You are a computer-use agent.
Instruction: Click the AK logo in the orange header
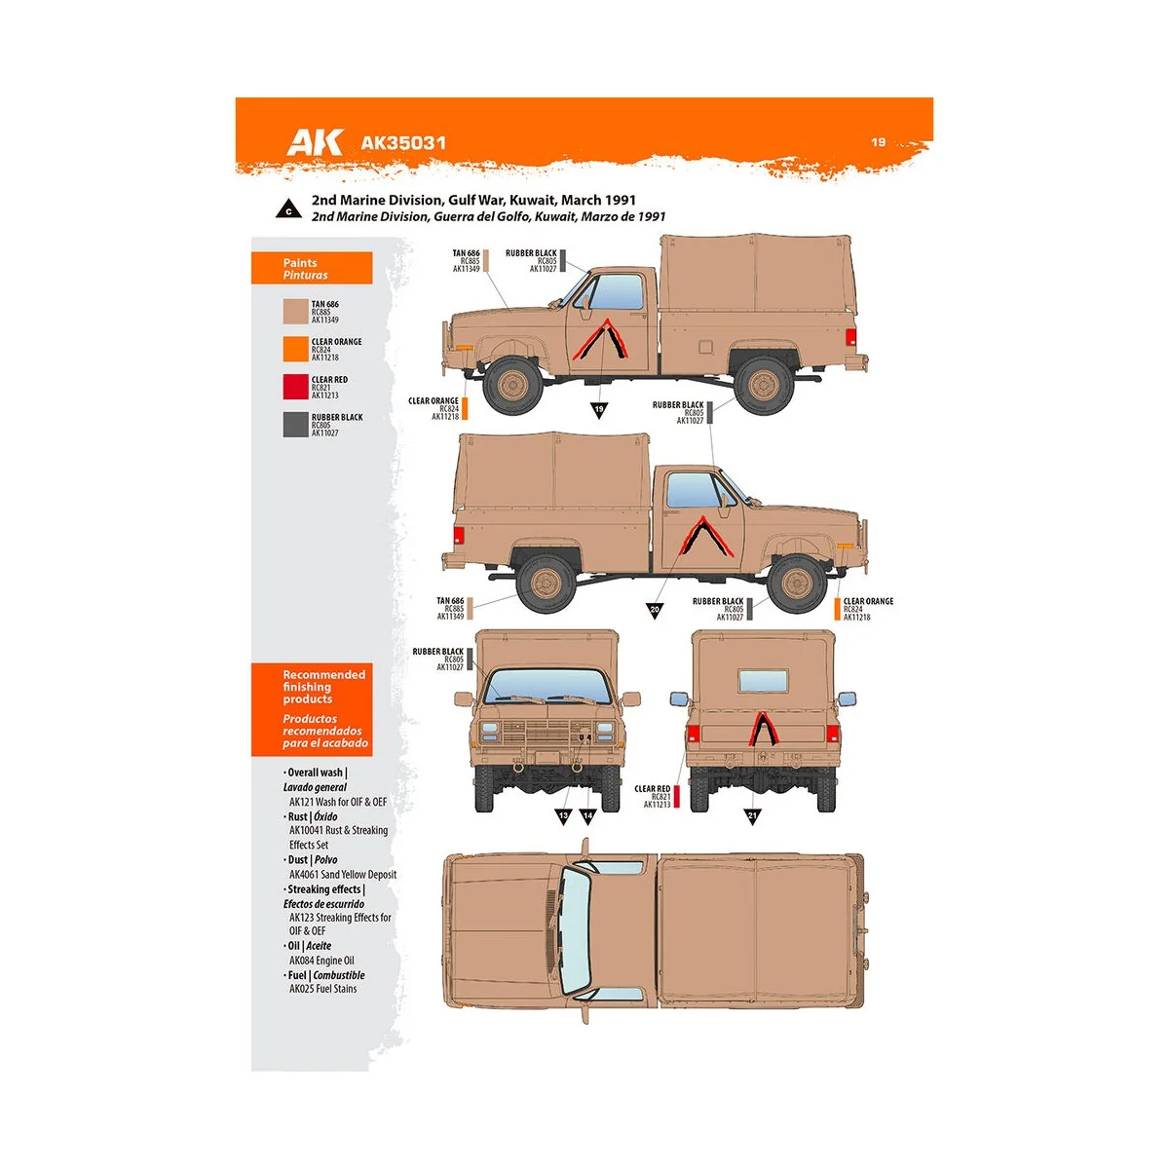pos(314,142)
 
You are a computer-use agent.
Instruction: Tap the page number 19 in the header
pos(878,142)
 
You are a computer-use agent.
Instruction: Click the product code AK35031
pos(403,143)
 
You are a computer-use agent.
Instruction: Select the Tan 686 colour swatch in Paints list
pos(295,312)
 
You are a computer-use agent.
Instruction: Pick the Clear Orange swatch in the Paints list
pos(295,349)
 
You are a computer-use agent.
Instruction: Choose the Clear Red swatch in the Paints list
pos(295,387)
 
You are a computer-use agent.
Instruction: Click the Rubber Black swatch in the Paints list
pos(295,425)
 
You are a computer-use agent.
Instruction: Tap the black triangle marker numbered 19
pos(599,409)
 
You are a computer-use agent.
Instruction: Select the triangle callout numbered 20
pos(655,610)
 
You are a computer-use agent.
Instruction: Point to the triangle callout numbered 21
pos(752,815)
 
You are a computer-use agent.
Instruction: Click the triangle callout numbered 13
pos(564,815)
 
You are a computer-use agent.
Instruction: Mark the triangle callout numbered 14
pos(587,815)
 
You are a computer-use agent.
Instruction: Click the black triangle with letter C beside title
pos(288,209)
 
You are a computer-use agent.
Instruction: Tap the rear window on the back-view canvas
pos(763,680)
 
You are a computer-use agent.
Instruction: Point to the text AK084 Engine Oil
pos(321,961)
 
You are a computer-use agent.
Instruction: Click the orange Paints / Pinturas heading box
pos(312,269)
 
